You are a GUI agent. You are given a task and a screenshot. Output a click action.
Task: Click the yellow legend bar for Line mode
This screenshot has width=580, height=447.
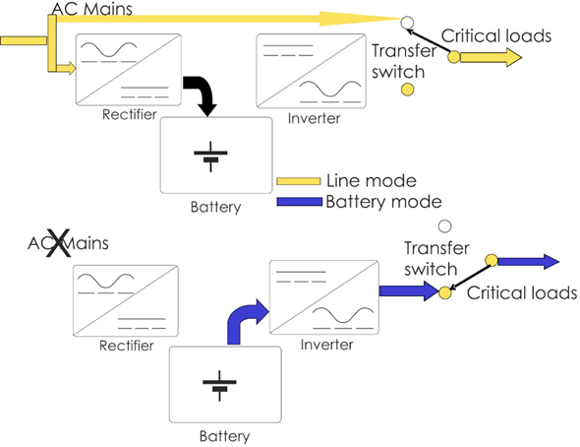[x=297, y=181]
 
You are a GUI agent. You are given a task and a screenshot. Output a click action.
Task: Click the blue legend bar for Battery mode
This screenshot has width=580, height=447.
[x=297, y=202]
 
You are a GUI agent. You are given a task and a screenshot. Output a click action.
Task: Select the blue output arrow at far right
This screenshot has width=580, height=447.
[x=530, y=262]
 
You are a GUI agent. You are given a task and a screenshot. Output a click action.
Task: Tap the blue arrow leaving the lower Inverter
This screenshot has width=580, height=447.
[x=407, y=291]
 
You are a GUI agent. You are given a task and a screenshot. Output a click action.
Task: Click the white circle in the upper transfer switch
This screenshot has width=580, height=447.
[x=407, y=20]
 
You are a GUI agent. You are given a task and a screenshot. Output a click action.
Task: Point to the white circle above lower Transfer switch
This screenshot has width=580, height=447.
[x=443, y=225]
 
